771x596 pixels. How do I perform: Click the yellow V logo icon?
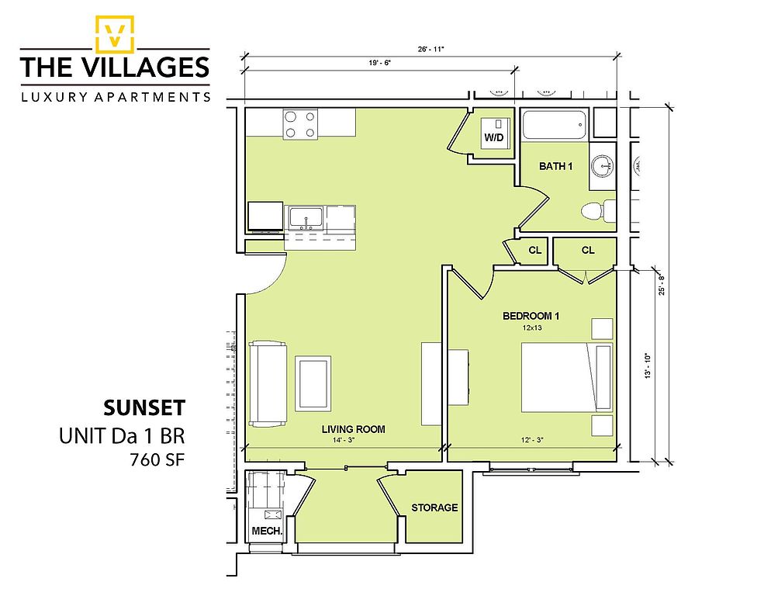click(115, 34)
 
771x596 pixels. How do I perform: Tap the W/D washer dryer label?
click(493, 137)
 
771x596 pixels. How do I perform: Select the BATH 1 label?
click(555, 166)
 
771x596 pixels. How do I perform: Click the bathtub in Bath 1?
click(554, 125)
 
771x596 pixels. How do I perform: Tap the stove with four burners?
click(300, 124)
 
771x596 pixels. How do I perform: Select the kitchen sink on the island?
click(306, 219)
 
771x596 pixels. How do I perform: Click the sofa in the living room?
click(268, 383)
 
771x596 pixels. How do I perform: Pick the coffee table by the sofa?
click(313, 384)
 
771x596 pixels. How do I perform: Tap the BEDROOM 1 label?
click(531, 316)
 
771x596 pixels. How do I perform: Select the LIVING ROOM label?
click(354, 429)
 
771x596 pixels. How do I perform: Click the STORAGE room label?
click(434, 508)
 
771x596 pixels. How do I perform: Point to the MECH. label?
click(267, 531)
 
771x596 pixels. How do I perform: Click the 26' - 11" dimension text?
click(430, 49)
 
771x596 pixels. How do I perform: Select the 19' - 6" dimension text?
click(379, 63)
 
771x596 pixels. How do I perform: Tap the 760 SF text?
click(157, 459)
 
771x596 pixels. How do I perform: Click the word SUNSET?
click(144, 408)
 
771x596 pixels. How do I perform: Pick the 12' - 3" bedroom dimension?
click(532, 440)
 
